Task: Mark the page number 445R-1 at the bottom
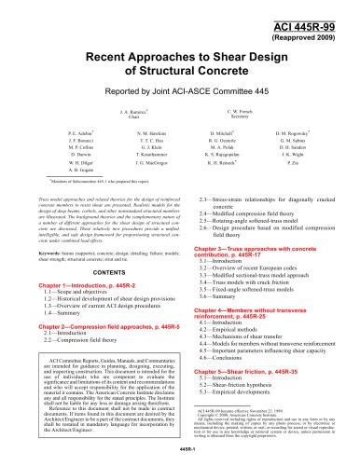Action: click(179, 457)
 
